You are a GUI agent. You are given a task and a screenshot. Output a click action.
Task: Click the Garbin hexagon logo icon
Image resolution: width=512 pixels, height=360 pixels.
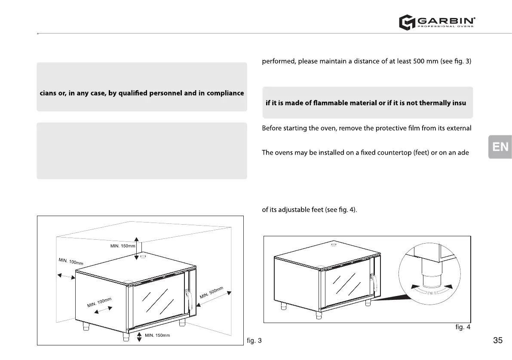pyautogui.click(x=406, y=22)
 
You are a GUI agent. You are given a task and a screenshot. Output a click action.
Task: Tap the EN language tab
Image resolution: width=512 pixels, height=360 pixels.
pyautogui.click(x=500, y=147)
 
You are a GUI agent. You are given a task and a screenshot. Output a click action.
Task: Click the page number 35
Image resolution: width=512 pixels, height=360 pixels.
pyautogui.click(x=498, y=341)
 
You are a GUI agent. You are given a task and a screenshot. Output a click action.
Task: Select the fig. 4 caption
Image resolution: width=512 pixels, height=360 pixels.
pyautogui.click(x=463, y=327)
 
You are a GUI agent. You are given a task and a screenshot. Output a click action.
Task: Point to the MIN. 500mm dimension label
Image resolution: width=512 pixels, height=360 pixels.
pyautogui.click(x=212, y=293)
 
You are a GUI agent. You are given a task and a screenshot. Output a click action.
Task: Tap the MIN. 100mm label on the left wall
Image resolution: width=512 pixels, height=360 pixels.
pyautogui.click(x=71, y=261)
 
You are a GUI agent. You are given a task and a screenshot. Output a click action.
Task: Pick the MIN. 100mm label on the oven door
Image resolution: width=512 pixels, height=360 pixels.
pyautogui.click(x=99, y=302)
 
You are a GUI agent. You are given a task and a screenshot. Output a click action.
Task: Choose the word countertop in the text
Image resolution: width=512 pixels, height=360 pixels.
pyautogui.click(x=383, y=153)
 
